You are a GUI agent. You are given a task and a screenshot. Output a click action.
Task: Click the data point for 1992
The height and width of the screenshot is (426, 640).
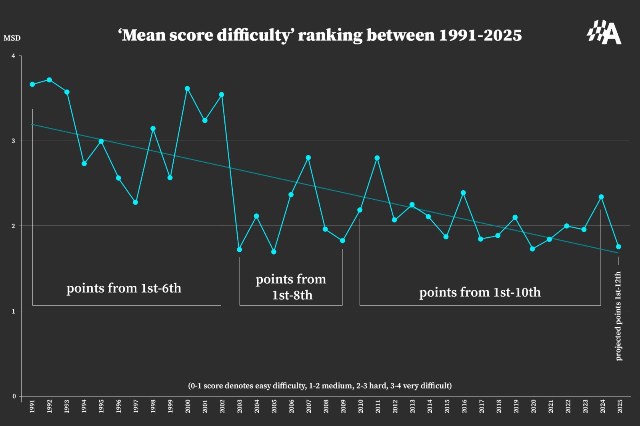[49, 80]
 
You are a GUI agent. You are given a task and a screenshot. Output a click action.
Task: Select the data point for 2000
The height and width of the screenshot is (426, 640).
[187, 89]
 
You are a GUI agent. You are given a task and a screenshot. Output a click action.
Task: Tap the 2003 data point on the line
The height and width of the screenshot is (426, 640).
[239, 249]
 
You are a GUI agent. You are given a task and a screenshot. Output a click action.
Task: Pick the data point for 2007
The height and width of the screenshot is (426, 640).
[308, 158]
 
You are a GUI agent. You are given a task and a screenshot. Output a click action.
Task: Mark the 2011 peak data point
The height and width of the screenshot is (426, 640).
[377, 158]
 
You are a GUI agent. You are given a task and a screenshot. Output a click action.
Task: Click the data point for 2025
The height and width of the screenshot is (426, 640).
[618, 247]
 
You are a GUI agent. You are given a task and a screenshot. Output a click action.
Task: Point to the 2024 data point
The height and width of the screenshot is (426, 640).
[601, 197]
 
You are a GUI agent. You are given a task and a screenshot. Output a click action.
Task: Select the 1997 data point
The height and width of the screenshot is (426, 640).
[135, 202]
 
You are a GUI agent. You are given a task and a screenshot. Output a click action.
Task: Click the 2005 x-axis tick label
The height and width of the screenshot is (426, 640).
[274, 406]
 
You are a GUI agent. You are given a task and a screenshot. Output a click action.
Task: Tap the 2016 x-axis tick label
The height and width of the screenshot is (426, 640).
[464, 406]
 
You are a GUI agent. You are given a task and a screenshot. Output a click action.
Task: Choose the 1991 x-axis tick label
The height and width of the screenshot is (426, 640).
[32, 406]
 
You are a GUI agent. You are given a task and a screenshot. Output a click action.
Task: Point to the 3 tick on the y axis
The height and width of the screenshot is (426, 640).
[13, 141]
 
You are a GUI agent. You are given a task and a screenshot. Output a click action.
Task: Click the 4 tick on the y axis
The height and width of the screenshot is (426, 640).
[13, 56]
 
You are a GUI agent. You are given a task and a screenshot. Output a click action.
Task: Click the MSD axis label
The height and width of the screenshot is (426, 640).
[12, 38]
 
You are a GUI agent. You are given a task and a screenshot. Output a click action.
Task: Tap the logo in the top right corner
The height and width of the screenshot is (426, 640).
[604, 32]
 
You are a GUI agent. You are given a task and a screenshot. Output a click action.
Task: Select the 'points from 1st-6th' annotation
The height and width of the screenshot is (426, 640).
[124, 288]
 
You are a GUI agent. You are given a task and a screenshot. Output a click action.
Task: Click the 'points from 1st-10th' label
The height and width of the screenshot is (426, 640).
[480, 292]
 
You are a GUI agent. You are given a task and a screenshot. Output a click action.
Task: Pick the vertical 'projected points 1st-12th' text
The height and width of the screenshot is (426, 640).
[618, 316]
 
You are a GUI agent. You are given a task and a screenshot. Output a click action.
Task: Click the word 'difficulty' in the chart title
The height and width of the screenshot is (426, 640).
[255, 35]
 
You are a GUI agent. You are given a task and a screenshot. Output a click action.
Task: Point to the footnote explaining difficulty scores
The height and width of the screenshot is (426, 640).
[320, 386]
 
